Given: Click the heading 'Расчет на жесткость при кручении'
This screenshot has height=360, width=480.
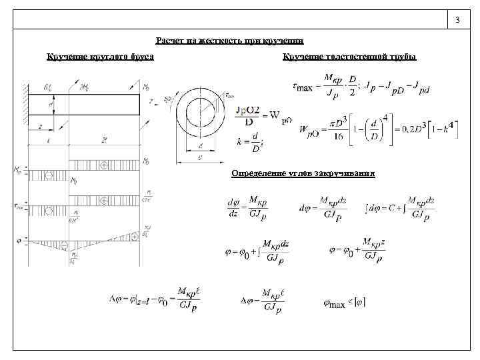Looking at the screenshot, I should [229, 41].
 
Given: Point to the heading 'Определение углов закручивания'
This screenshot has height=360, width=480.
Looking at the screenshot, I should [303, 173].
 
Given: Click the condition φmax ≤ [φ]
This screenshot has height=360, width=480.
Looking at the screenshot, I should [344, 305].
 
